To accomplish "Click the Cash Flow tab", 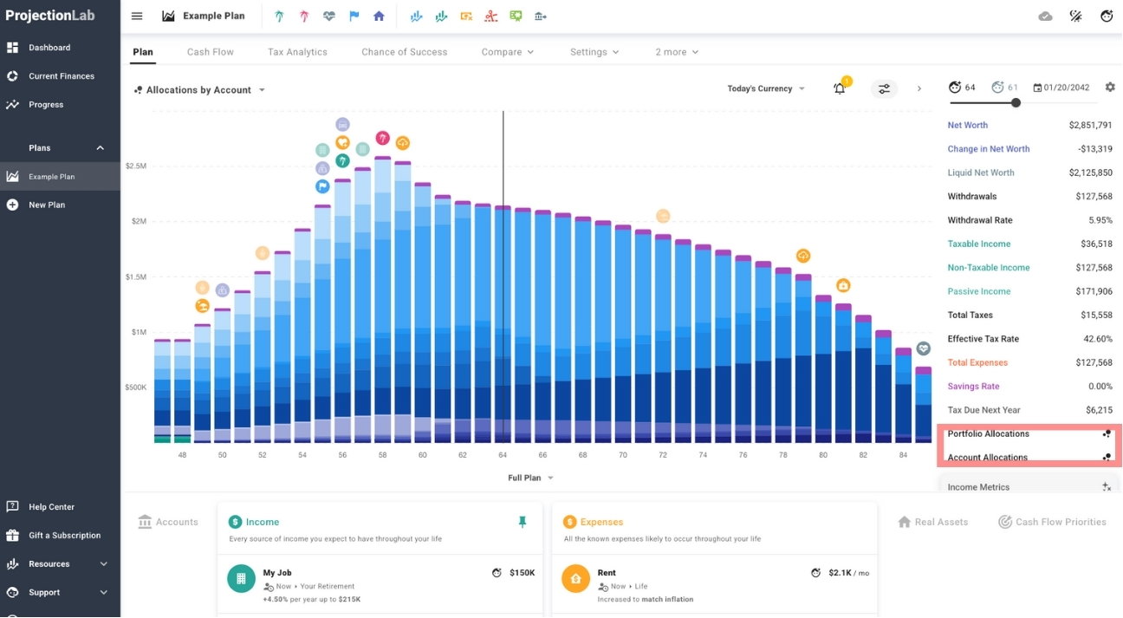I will coord(211,52).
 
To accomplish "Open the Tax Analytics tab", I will coord(297,52).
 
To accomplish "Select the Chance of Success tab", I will coord(404,52).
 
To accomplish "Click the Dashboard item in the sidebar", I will coord(49,48).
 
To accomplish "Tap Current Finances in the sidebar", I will coord(61,76).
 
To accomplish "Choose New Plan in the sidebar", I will coord(47,205).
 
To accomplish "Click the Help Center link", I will coord(51,507).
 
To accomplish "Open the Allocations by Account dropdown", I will coord(200,90).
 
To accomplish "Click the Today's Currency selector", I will coord(766,88).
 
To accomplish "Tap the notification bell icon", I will coord(839,88).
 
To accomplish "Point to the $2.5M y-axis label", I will coord(135,166).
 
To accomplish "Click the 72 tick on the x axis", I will coord(662,455).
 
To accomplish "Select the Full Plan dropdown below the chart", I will coord(530,478).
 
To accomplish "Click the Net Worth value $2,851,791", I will coord(1090,126).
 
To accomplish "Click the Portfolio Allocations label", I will coord(988,434).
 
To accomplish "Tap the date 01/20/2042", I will coord(1067,88).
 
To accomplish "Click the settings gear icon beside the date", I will coord(1110,88).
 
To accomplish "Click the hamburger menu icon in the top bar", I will coord(137,16).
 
